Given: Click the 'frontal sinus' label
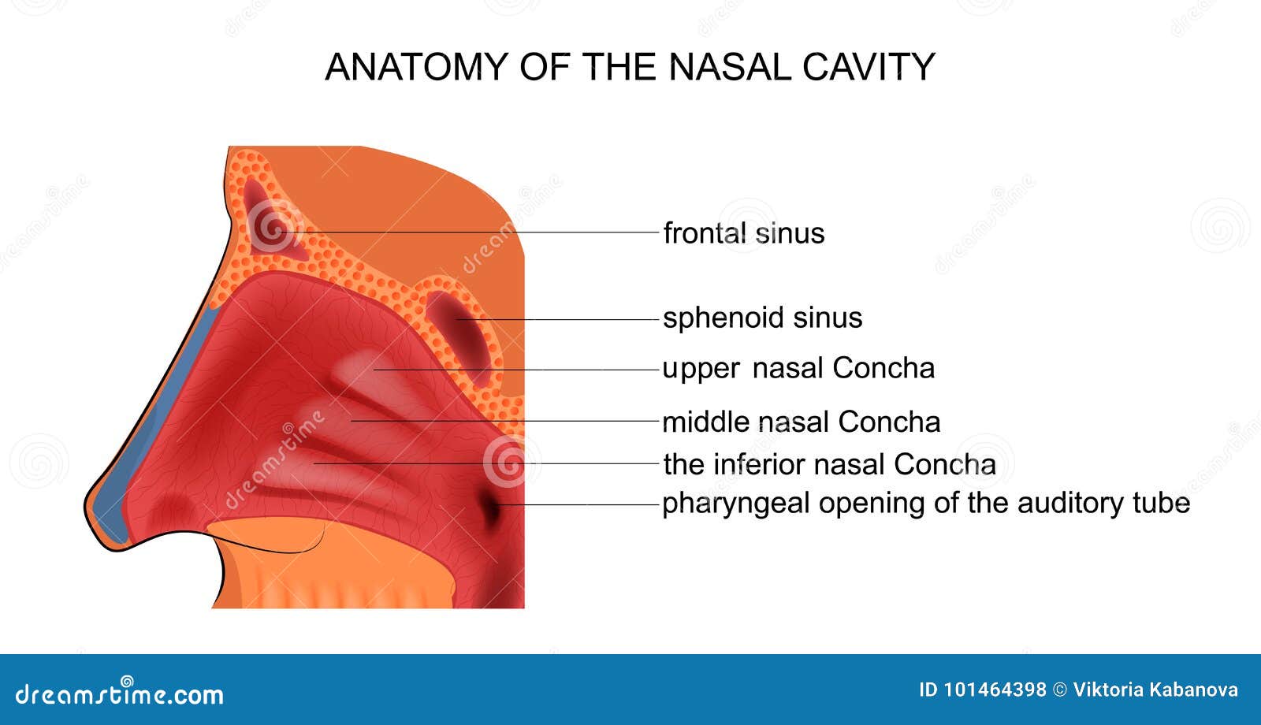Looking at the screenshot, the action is click(x=744, y=233).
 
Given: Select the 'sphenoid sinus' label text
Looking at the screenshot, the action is click(x=762, y=318).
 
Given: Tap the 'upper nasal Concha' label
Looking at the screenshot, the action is click(x=798, y=370).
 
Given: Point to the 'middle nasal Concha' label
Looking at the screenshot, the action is click(x=801, y=422).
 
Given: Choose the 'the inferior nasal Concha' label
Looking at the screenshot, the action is click(x=829, y=464).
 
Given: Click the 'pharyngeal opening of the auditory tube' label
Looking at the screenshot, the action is click(x=926, y=504).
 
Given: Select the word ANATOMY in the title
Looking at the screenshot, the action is click(x=417, y=68).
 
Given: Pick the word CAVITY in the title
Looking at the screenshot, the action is click(x=869, y=68).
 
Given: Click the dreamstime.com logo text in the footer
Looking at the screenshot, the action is click(x=119, y=693).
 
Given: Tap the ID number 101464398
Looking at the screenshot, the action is click(x=982, y=690).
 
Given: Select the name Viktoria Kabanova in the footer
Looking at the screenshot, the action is click(x=1155, y=690).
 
